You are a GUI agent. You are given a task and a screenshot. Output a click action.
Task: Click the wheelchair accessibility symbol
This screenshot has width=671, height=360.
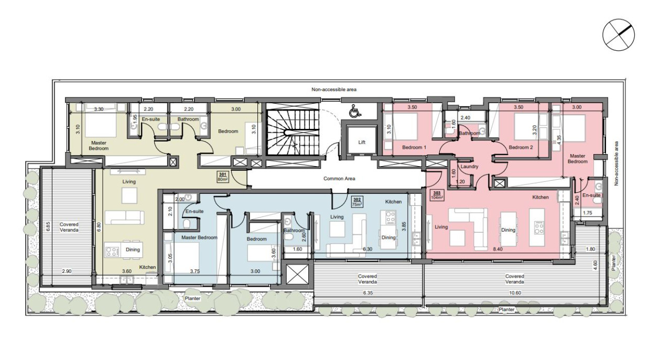pos(355,111)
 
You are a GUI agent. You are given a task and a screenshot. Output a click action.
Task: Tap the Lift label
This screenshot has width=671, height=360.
pos(362,142)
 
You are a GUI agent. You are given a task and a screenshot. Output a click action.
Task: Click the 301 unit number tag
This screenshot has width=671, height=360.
pos(223,174)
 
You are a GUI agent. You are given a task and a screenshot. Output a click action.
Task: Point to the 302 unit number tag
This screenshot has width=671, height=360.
pos(356,200)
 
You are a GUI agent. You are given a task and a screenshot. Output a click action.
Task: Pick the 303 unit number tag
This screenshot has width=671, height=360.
pos(437,193)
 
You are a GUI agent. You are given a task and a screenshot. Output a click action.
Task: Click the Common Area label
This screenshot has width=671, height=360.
pos(339,179)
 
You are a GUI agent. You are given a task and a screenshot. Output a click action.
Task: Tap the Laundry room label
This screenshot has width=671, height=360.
pos(469,167)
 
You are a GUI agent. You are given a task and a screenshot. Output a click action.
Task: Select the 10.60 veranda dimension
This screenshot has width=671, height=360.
pos(515,293)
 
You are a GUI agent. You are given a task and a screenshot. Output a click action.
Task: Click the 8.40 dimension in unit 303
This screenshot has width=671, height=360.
pos(497,249)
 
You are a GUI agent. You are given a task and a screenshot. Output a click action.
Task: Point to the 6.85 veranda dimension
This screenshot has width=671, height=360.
pos(48,226)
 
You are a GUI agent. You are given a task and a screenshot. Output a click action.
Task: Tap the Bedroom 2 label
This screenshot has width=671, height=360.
pos(521,147)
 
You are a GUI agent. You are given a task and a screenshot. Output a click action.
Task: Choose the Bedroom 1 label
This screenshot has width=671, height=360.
pos(414,147)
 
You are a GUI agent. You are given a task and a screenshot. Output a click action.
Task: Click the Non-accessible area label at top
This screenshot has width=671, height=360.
pos(334,89)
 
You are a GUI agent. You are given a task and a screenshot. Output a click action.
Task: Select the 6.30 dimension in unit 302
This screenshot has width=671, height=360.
pos(367,249)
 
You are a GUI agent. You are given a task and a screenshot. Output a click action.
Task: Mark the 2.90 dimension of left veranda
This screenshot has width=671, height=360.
pos(67,271)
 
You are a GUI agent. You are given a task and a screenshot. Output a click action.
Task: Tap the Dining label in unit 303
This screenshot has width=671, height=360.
pos(508,230)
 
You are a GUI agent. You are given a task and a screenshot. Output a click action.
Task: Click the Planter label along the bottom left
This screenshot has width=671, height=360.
pos(192,298)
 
